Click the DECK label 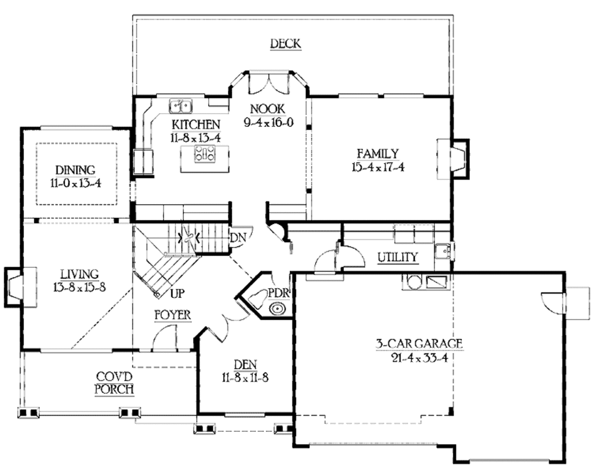pyautogui.click(x=285, y=43)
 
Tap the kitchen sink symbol pyautogui.click(x=182, y=106)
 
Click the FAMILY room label pyautogui.click(x=378, y=154)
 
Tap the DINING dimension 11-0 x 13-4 pyautogui.click(x=76, y=182)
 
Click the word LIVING pyautogui.click(x=80, y=274)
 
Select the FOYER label pyautogui.click(x=172, y=315)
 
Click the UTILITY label pyautogui.click(x=397, y=257)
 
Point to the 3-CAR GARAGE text pyautogui.click(x=419, y=344)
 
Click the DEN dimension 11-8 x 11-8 pyautogui.click(x=244, y=377)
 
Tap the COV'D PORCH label pyautogui.click(x=115, y=383)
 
